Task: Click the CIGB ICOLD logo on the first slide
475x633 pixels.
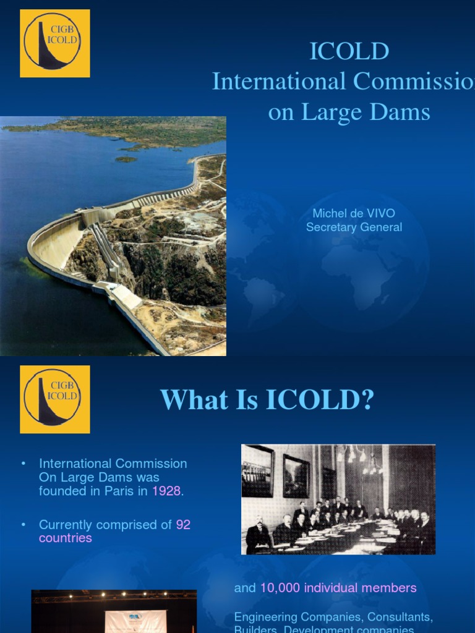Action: pyautogui.click(x=55, y=43)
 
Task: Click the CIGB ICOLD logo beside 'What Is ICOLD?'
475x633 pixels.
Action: pyautogui.click(x=55, y=399)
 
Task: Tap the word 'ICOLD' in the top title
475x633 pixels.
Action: pyautogui.click(x=349, y=52)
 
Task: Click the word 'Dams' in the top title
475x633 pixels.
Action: pyautogui.click(x=404, y=113)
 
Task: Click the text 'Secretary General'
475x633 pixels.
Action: pyautogui.click(x=354, y=227)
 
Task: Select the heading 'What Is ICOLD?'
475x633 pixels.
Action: pyautogui.click(x=267, y=400)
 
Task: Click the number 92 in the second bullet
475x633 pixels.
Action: pyautogui.click(x=183, y=525)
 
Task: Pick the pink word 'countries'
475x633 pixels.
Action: pyautogui.click(x=66, y=538)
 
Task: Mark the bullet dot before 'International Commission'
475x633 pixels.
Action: pyautogui.click(x=24, y=464)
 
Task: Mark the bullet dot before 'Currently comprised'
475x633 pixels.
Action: pyautogui.click(x=24, y=525)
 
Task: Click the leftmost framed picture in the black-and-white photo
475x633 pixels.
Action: pyautogui.click(x=257, y=471)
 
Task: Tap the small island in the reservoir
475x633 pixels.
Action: pyautogui.click(x=126, y=159)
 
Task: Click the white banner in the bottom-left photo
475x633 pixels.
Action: pyautogui.click(x=135, y=621)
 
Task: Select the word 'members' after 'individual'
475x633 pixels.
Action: pyautogui.click(x=392, y=588)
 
